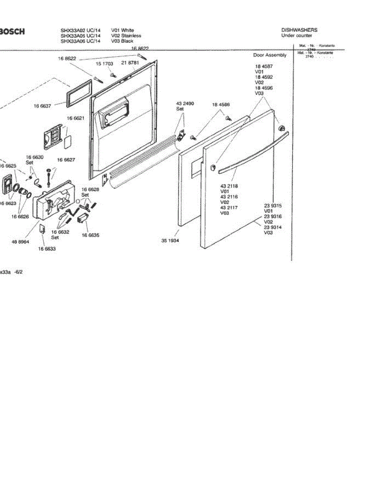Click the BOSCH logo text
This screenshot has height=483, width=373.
[12, 31]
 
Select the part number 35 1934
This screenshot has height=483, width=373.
[170, 241]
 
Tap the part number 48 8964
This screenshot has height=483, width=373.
[20, 242]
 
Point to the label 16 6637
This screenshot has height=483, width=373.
[42, 107]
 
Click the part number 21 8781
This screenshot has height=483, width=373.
[130, 63]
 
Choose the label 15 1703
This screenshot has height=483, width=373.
[104, 64]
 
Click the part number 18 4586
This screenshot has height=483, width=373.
[221, 105]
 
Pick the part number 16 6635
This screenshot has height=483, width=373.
[91, 235]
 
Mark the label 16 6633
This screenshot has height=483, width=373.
[47, 249]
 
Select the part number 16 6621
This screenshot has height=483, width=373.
[75, 118]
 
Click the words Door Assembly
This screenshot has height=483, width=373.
[270, 55]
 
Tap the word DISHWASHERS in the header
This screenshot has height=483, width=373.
[299, 30]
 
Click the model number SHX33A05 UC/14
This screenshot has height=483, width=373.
[80, 35]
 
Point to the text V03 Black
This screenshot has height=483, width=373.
[122, 41]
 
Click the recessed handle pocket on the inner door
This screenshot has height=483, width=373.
[115, 114]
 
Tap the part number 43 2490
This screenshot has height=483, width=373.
[185, 104]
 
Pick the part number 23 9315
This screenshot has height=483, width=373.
[273, 206]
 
